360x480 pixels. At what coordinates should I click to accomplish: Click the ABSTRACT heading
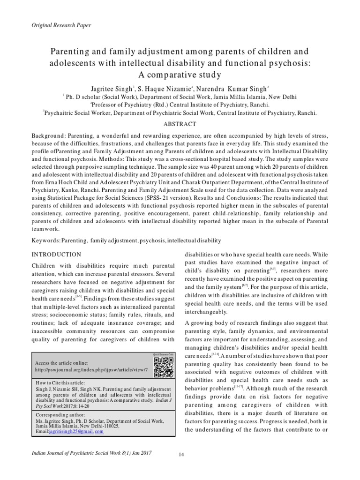(180, 124)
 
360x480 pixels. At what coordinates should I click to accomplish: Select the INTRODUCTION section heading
(56, 254)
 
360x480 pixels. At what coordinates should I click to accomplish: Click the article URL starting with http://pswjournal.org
(91, 370)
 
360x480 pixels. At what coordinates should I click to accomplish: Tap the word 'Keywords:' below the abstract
(45, 240)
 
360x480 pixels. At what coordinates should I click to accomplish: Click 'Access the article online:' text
(61, 363)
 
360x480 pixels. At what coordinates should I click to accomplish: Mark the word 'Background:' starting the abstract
(49, 135)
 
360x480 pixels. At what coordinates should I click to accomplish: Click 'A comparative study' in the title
(180, 74)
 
